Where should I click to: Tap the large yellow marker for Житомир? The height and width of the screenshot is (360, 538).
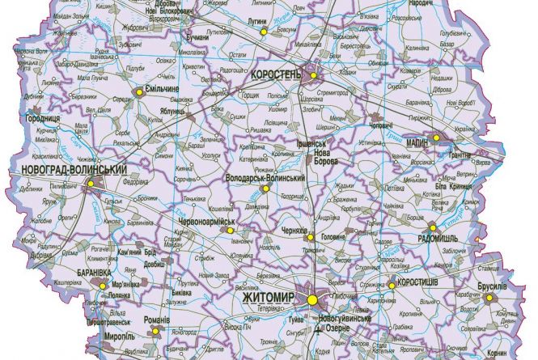coord(313,300)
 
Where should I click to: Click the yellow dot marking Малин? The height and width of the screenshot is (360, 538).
coord(438,138)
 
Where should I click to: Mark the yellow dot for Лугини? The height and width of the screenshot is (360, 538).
coord(264,31)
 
